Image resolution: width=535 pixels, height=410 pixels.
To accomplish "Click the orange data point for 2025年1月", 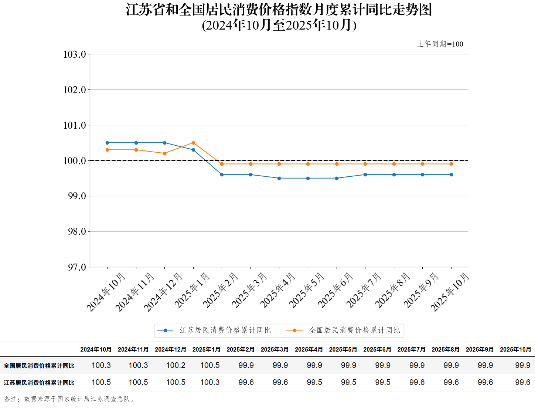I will point(193,143).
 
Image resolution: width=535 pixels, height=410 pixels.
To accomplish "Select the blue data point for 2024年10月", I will point(107,143).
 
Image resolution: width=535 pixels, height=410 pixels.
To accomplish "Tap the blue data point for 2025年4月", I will point(279,178).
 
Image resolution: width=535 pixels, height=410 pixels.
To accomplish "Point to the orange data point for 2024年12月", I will point(164,153).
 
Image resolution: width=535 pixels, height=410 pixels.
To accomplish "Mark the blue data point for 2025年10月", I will point(451,174).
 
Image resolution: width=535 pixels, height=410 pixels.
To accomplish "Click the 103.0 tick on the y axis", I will point(75,54).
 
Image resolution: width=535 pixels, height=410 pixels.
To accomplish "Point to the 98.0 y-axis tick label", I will point(76,231).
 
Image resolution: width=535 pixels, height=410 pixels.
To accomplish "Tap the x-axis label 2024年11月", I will point(134,292).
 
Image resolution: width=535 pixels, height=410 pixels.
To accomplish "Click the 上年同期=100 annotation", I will point(440,44).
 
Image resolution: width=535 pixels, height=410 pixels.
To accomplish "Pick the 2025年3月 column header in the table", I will point(275,349).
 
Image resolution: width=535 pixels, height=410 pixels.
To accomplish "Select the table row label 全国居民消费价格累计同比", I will point(39,366).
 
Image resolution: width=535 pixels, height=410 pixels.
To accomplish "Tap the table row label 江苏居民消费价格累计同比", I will point(39,383).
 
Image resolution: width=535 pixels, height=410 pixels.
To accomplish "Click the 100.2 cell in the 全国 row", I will point(176,365).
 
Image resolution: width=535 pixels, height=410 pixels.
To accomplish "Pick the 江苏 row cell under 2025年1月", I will point(210,382).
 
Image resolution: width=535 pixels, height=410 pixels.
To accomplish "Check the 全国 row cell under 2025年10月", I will point(522,365).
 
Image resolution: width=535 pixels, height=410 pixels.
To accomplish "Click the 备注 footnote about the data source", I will point(69,399).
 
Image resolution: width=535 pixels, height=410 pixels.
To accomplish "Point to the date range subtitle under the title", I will point(279,25).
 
